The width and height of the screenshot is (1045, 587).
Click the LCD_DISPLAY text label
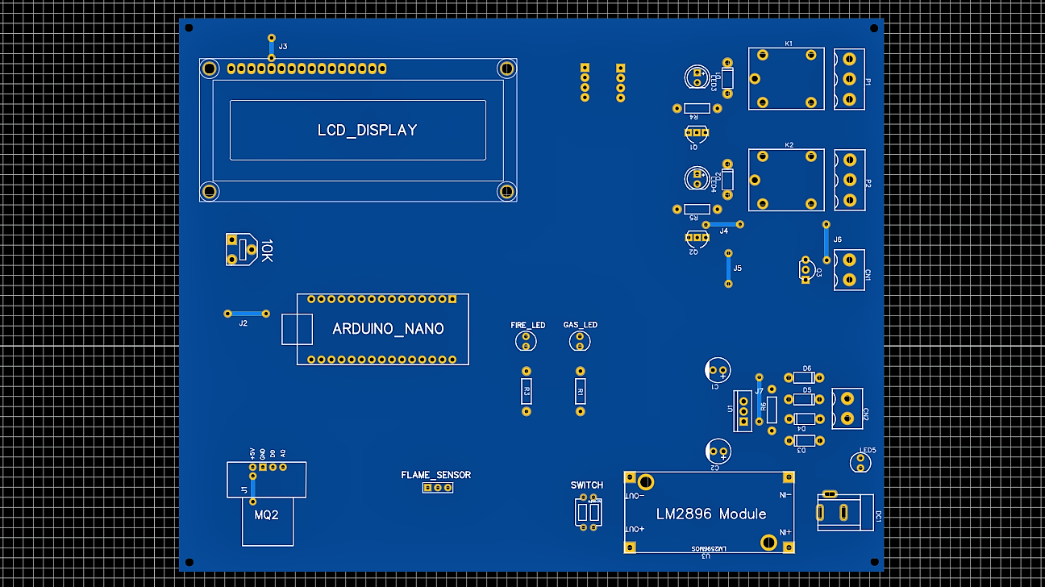pos(367,130)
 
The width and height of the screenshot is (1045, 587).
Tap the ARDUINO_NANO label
pos(388,329)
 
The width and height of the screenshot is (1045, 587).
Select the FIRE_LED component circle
pos(526,342)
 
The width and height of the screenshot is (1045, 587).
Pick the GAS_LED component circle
pos(579,342)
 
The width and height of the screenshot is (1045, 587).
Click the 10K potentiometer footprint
pos(241,249)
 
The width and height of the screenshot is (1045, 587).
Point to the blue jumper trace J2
pos(246,313)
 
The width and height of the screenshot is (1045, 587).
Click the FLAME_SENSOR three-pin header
pos(438,487)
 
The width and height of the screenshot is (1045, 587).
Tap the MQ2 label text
pos(266,514)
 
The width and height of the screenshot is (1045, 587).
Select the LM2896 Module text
pos(710,514)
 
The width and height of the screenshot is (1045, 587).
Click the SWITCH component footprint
pos(589,511)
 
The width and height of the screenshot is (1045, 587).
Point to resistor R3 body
pos(527,392)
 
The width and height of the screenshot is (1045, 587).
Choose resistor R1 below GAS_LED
pos(580,392)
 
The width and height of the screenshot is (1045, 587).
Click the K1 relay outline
pos(786,78)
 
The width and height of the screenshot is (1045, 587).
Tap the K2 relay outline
pos(786,180)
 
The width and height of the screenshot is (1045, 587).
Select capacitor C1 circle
pos(717,370)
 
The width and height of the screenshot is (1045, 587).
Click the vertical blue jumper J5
pos(729,269)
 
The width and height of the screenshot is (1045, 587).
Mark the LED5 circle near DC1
pos(860,463)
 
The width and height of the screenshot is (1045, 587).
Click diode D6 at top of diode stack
pos(803,377)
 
